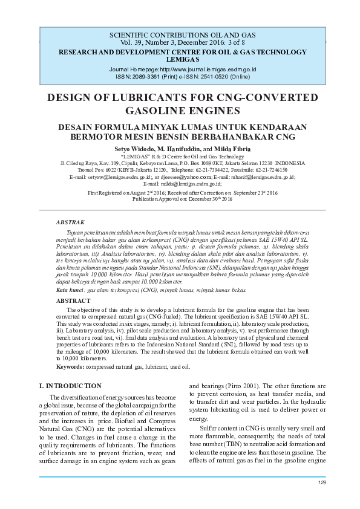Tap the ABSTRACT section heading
tap(73, 300)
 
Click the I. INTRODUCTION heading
tap(70, 386)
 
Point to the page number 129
tap(321, 482)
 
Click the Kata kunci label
tap(70, 290)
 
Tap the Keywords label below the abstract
tap(70, 367)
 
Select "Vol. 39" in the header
tap(130, 44)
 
